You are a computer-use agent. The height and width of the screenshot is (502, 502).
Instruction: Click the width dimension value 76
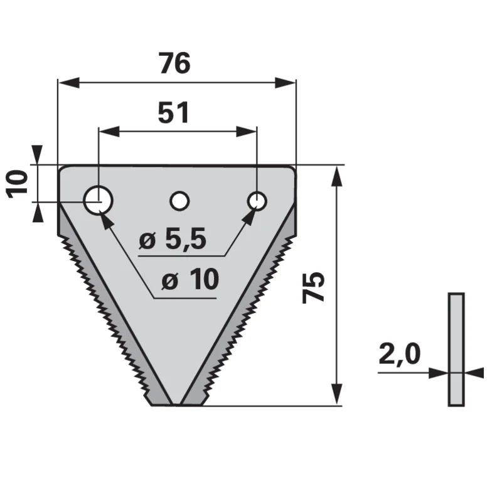click(175, 63)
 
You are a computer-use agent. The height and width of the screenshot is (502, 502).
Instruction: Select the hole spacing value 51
click(174, 113)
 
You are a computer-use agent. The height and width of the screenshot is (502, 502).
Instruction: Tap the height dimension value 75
click(313, 287)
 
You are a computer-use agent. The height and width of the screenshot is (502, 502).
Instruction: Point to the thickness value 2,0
click(400, 355)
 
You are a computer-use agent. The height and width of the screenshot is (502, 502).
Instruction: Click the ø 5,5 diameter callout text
click(173, 240)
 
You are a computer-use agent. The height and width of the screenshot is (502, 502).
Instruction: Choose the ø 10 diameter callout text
click(190, 279)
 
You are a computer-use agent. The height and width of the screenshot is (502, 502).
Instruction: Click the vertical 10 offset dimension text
click(18, 184)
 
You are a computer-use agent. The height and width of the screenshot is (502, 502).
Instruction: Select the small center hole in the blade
click(179, 201)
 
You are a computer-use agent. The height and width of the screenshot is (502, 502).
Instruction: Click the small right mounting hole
click(257, 201)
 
